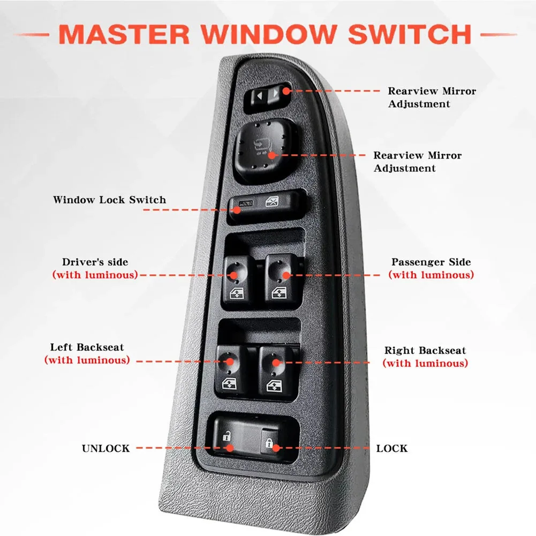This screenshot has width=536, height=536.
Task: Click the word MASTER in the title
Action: (x=124, y=34)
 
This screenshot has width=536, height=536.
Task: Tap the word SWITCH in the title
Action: (x=410, y=34)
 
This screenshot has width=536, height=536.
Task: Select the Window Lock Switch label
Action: (x=109, y=200)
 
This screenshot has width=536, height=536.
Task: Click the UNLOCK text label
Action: (x=106, y=448)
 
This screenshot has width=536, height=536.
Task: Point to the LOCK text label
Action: (x=392, y=448)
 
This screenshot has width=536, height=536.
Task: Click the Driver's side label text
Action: (x=95, y=262)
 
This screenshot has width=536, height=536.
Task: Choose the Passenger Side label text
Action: (x=431, y=262)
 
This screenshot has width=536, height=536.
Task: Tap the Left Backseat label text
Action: (x=87, y=348)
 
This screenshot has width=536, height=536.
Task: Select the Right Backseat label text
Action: (x=425, y=350)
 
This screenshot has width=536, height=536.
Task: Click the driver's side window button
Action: (x=237, y=280)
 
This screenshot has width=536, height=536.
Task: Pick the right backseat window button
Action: (x=275, y=373)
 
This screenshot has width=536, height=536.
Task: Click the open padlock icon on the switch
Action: (x=227, y=436)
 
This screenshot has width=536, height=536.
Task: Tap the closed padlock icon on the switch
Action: (x=269, y=443)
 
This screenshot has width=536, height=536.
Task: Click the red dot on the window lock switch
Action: (x=237, y=209)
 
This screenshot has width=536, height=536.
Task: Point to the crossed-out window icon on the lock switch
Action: (x=272, y=202)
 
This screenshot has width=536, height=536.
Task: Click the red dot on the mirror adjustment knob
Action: (x=271, y=155)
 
